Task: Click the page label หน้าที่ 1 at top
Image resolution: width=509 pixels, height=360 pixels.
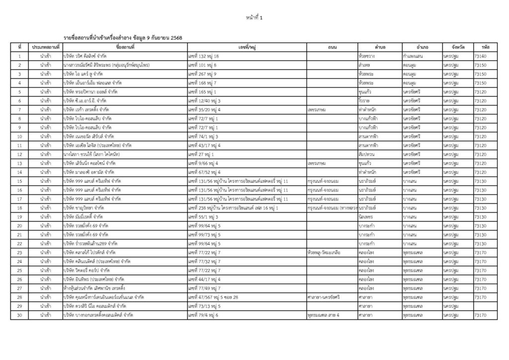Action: (254, 18)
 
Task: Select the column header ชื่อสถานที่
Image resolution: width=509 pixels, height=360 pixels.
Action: (125, 47)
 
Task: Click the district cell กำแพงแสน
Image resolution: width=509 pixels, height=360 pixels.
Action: (413, 56)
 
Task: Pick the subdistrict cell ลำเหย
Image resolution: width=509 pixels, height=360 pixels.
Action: (364, 65)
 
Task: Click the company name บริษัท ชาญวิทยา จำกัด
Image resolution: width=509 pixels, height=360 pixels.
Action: (84, 208)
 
